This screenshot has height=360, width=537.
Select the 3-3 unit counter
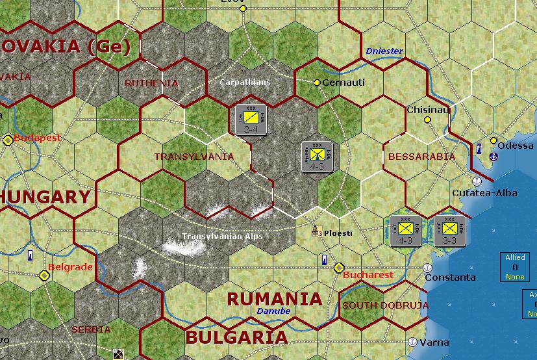tap(450, 231)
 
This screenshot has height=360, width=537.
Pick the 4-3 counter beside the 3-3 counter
tap(406, 231)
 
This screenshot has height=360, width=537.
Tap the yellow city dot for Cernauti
tap(317, 83)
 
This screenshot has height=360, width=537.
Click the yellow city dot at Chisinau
tap(427, 120)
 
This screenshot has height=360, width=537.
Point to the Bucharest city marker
tap(338, 268)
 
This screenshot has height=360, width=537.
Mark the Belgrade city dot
tap(44, 276)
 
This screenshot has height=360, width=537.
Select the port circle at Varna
tap(412, 342)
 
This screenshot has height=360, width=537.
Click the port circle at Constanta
tap(427, 268)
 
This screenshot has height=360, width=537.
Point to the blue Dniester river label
tap(384, 51)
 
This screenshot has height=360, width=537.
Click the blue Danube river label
tap(273, 311)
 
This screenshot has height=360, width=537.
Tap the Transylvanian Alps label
tap(222, 237)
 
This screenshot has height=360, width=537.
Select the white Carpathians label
tap(245, 83)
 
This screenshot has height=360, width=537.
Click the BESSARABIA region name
tap(421, 157)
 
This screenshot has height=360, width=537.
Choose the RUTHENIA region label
tap(151, 83)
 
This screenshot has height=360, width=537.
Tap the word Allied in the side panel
tap(515, 257)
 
